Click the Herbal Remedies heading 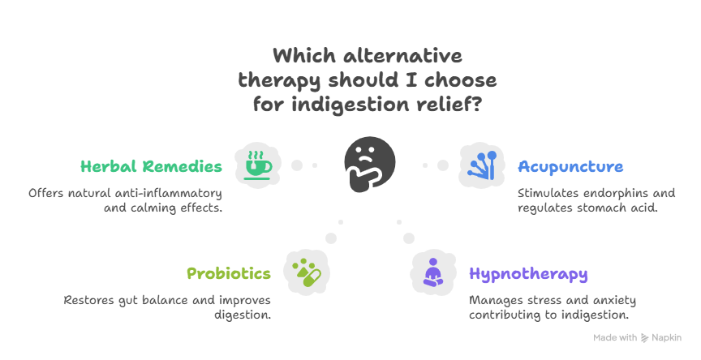point(151,166)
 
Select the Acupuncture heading point(570,167)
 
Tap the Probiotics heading point(229,273)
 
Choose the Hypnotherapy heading point(528,274)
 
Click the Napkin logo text point(668,338)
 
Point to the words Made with point(614,338)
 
